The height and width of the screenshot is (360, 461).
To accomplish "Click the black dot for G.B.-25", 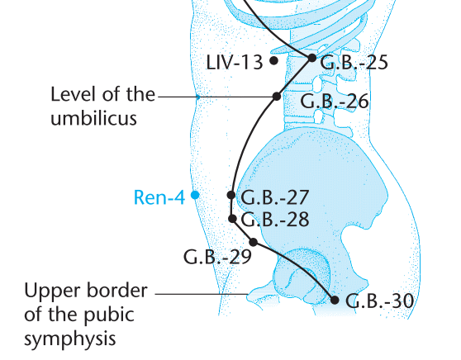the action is point(312,58).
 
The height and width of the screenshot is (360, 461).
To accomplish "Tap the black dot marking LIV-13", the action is point(273,60).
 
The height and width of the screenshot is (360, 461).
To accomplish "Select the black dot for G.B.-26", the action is point(277,96).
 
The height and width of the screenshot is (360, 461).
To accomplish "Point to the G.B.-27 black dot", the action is point(231,195).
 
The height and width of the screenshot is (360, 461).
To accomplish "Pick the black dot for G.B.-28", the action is point(232,219).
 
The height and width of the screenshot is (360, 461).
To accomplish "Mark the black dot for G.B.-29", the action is point(254,242).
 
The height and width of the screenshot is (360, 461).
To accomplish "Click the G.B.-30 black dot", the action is point(335,300).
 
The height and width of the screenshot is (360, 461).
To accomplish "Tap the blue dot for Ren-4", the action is point(195,195).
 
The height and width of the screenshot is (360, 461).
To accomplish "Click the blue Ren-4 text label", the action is point(159,197).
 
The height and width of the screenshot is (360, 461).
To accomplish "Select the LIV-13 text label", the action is point(235,63).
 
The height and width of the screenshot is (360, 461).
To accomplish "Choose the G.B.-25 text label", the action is point(354,63).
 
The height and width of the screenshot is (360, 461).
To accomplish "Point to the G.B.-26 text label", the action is point(335,102).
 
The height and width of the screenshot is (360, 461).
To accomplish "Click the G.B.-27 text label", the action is point(275,197).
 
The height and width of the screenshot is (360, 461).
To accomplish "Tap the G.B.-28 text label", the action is point(275,220).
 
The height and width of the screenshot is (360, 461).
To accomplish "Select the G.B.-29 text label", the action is point(217,257).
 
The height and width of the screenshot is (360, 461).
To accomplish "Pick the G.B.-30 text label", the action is point(380,301).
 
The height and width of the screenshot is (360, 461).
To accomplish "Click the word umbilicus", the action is point(94,118).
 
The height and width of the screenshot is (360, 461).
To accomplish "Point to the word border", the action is point(116,291).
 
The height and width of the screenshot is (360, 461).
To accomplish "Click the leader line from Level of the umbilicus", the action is point(215,97).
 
